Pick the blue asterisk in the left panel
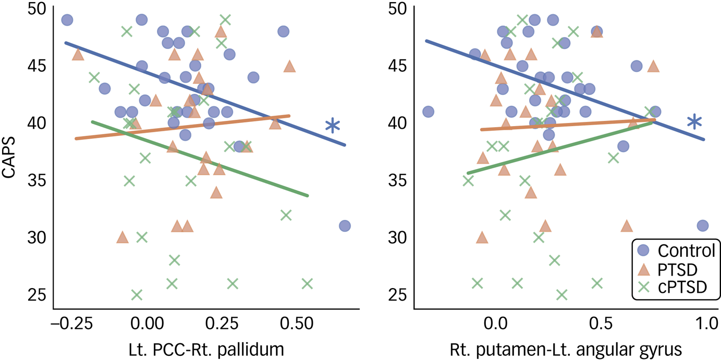click(x=333, y=125)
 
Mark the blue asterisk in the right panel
click(x=694, y=122)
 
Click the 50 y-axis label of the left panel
click(x=35, y=9)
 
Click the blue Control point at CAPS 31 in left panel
click(x=345, y=226)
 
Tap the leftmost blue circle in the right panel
click(x=428, y=111)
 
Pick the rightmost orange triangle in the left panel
click(x=289, y=66)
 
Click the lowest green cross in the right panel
click(x=561, y=295)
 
